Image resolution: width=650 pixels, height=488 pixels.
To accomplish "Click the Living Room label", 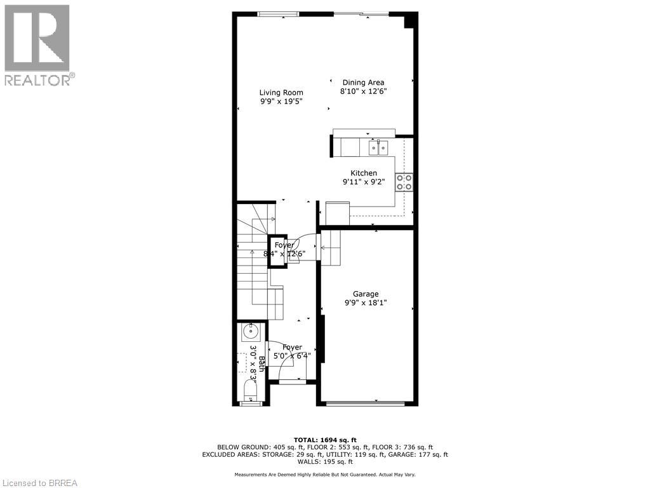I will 281,92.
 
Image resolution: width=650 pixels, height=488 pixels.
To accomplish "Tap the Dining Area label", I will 363,82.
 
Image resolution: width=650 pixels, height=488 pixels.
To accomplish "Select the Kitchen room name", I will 364,173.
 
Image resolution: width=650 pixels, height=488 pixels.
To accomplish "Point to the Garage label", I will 366,294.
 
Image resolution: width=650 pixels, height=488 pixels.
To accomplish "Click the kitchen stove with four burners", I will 404,182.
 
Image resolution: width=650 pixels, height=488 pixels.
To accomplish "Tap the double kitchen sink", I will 378,148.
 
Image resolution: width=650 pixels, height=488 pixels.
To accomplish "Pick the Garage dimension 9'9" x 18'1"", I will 366,303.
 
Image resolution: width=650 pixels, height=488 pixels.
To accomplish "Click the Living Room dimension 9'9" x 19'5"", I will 281,102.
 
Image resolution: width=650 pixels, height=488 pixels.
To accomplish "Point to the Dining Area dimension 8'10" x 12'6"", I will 364,91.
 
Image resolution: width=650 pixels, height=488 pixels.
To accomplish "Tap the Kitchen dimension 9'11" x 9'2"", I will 364,182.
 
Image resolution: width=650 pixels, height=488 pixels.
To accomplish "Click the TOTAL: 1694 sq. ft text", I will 325,440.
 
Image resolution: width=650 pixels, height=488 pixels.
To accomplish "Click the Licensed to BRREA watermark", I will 39,483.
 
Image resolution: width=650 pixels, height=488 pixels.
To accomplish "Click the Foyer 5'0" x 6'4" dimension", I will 292,356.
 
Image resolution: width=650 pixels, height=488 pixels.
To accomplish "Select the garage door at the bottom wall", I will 366,403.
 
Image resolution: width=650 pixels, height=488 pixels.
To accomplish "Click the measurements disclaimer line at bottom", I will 325,475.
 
